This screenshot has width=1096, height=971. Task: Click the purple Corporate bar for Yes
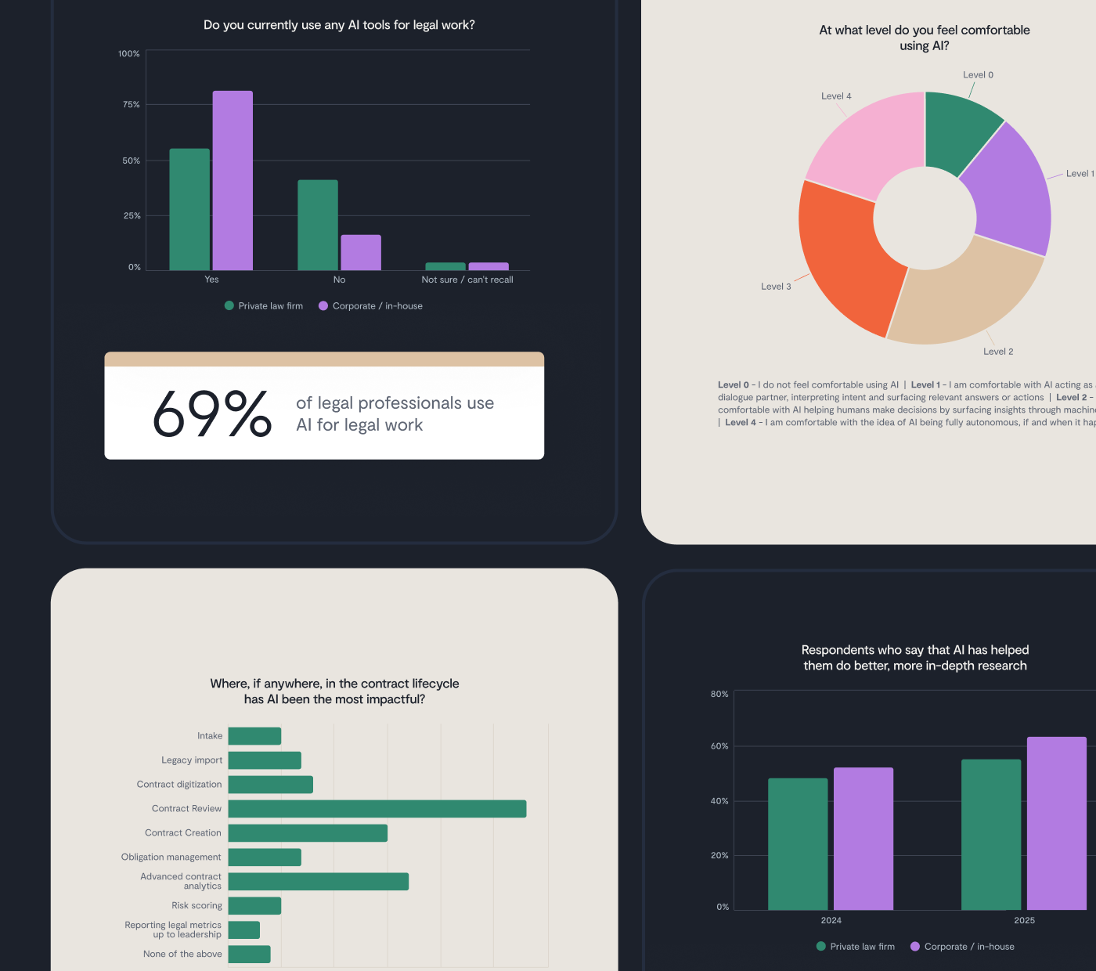pyautogui.click(x=233, y=181)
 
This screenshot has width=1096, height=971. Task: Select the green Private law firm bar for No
pyautogui.click(x=318, y=226)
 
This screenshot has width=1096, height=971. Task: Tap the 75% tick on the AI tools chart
pyautogui.click(x=131, y=104)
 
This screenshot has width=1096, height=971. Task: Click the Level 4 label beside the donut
pyautogui.click(x=836, y=96)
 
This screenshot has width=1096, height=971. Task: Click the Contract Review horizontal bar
pyautogui.click(x=377, y=809)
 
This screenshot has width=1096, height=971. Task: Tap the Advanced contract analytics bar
pyautogui.click(x=318, y=882)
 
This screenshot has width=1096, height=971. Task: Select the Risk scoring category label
pyautogui.click(x=196, y=906)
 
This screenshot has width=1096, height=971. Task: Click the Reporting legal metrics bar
pyautogui.click(x=244, y=930)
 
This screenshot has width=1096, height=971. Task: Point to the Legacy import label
pyautogui.click(x=192, y=760)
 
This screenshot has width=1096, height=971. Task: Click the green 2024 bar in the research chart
pyautogui.click(x=798, y=844)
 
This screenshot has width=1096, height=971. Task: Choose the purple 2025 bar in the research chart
pyautogui.click(x=1056, y=823)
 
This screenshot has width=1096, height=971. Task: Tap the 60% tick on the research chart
pyautogui.click(x=719, y=746)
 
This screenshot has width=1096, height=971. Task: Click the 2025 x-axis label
pyautogui.click(x=1024, y=921)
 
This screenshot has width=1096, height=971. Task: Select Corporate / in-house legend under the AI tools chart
pyautogui.click(x=377, y=306)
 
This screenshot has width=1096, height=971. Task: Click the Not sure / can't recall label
pyautogui.click(x=467, y=280)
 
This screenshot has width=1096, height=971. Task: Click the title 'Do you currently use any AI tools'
pyautogui.click(x=339, y=25)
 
